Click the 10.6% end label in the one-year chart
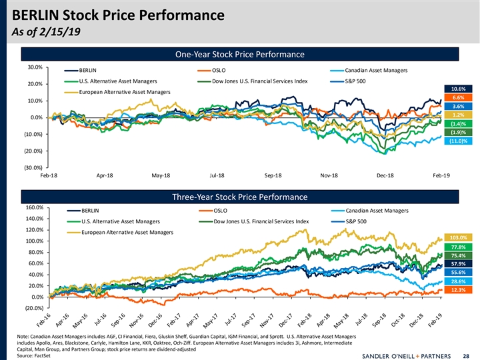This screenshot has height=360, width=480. pos(458,89)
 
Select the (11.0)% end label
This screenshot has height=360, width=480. pos(458,141)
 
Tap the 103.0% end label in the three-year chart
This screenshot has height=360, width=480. pos(458,237)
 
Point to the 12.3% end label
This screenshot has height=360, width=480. pos(458,290)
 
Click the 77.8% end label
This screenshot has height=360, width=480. pos(458,247)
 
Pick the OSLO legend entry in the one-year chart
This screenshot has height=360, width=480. pos(219,70)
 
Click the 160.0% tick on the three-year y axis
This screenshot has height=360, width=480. pos(34,208)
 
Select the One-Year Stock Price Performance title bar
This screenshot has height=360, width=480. pos(239,54)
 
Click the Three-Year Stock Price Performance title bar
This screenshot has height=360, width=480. pos(239,197)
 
